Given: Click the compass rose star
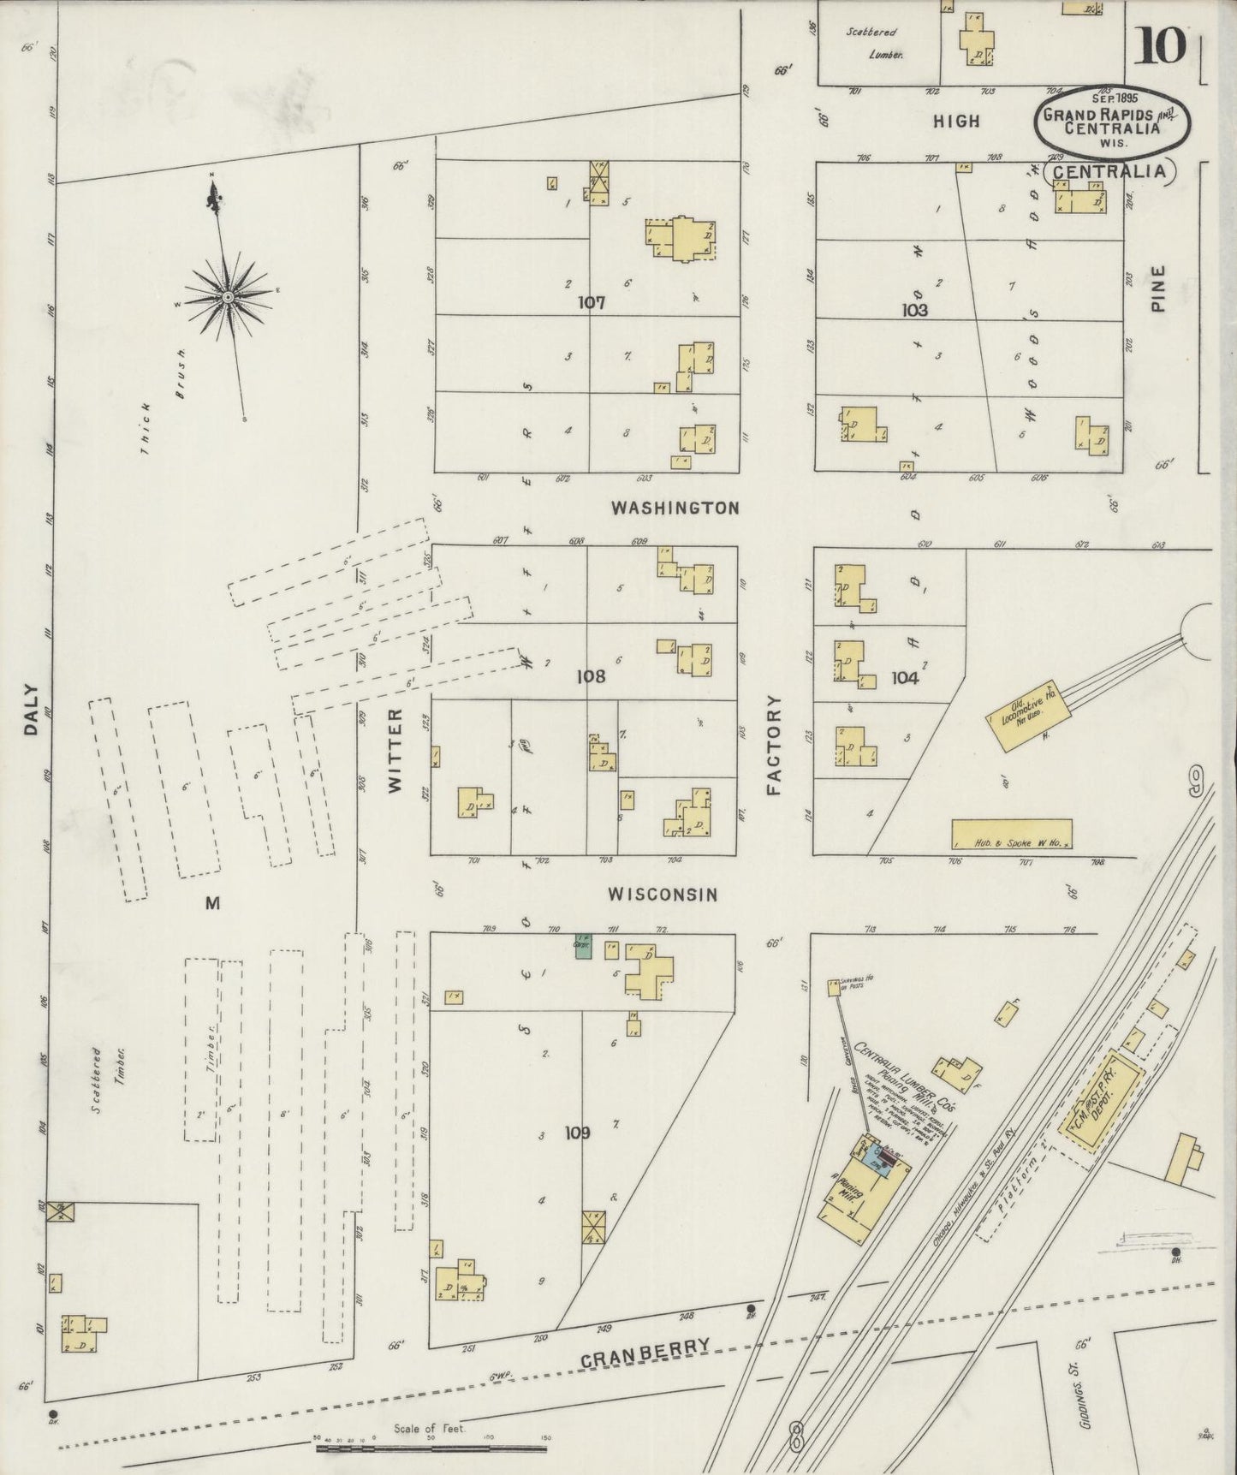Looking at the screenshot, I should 229,296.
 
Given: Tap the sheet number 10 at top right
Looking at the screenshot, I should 1160,46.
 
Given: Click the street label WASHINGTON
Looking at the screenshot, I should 675,508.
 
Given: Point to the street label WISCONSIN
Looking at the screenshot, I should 662,895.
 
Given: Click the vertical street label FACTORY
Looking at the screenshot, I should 775,745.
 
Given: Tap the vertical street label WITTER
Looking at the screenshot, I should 395,751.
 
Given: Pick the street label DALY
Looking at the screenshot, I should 32,709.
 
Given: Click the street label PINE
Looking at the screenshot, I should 1158,288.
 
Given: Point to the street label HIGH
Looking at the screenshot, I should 956,122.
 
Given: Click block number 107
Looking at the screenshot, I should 591,302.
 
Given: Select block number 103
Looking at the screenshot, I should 914,310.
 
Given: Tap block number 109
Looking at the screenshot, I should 577,1133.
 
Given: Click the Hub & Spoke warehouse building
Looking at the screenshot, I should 1011,833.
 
